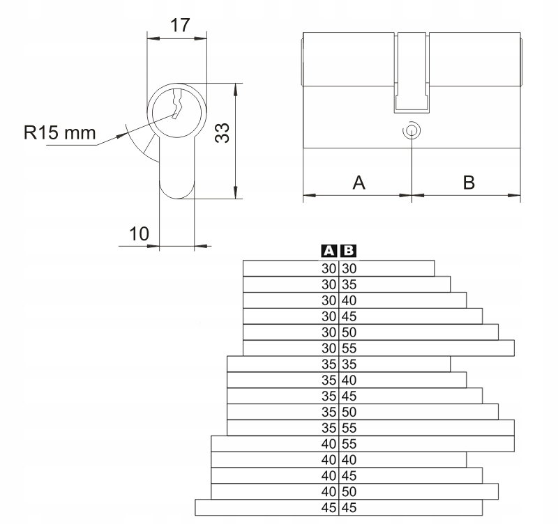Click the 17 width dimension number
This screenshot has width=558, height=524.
point(180,26)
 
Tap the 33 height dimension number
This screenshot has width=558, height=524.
point(223,133)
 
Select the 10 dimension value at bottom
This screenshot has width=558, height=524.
point(139,234)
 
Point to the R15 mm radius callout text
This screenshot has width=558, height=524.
point(60,132)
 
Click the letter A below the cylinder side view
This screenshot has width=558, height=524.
point(359,183)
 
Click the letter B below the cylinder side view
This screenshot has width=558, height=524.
point(469,183)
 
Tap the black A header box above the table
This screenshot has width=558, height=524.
point(329,251)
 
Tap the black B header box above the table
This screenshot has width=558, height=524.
point(348,251)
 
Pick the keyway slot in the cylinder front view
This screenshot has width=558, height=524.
point(177,104)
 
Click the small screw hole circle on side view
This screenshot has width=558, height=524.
point(412,130)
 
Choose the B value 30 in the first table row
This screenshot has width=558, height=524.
point(349,269)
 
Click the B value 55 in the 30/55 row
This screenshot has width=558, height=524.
point(349,348)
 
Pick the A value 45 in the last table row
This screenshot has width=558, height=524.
point(329,508)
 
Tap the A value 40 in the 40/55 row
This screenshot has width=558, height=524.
point(329,444)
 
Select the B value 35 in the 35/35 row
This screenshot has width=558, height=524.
point(349,364)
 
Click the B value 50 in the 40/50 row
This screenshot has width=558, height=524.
point(349,492)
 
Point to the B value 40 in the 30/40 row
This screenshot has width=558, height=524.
point(349,301)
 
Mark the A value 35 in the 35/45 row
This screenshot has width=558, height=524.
point(329,396)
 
